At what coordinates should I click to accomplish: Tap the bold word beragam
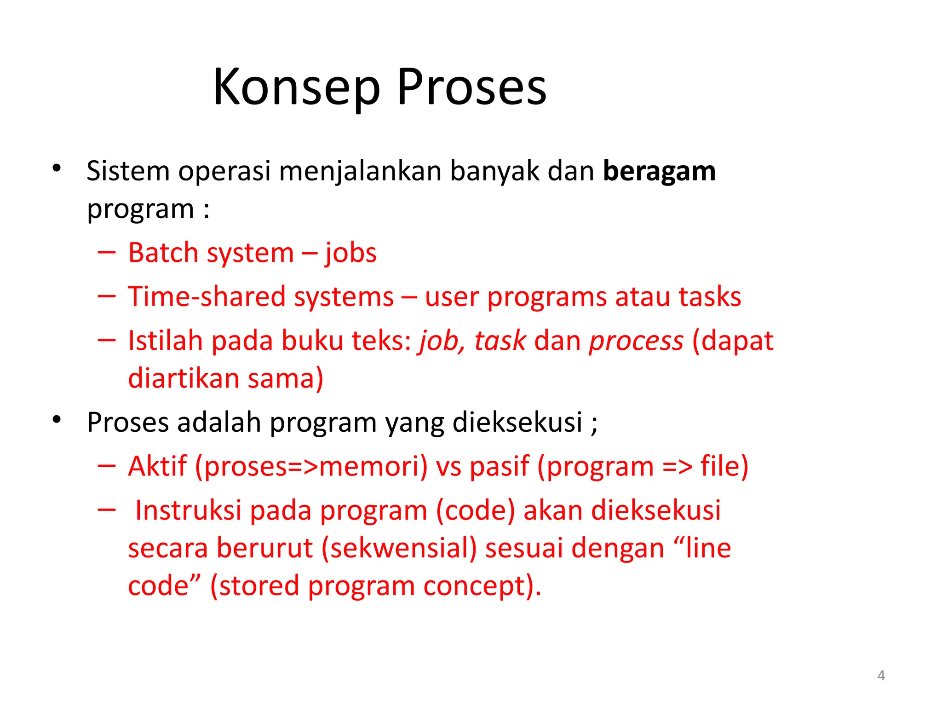coord(659,171)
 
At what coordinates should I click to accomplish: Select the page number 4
coord(881,675)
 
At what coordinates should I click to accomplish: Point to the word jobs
coord(350,254)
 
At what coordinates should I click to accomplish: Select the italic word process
coord(636,342)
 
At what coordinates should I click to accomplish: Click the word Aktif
coord(157,466)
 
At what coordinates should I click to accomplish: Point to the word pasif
coord(499,467)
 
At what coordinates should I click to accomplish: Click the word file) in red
coord(724,466)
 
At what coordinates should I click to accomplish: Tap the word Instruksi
coord(188,510)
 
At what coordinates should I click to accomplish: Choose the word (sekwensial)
coord(399,548)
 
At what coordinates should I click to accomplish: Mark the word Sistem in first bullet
coord(128,171)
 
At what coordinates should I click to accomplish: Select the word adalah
coord(219,422)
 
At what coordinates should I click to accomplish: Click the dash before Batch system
coord(106,252)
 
